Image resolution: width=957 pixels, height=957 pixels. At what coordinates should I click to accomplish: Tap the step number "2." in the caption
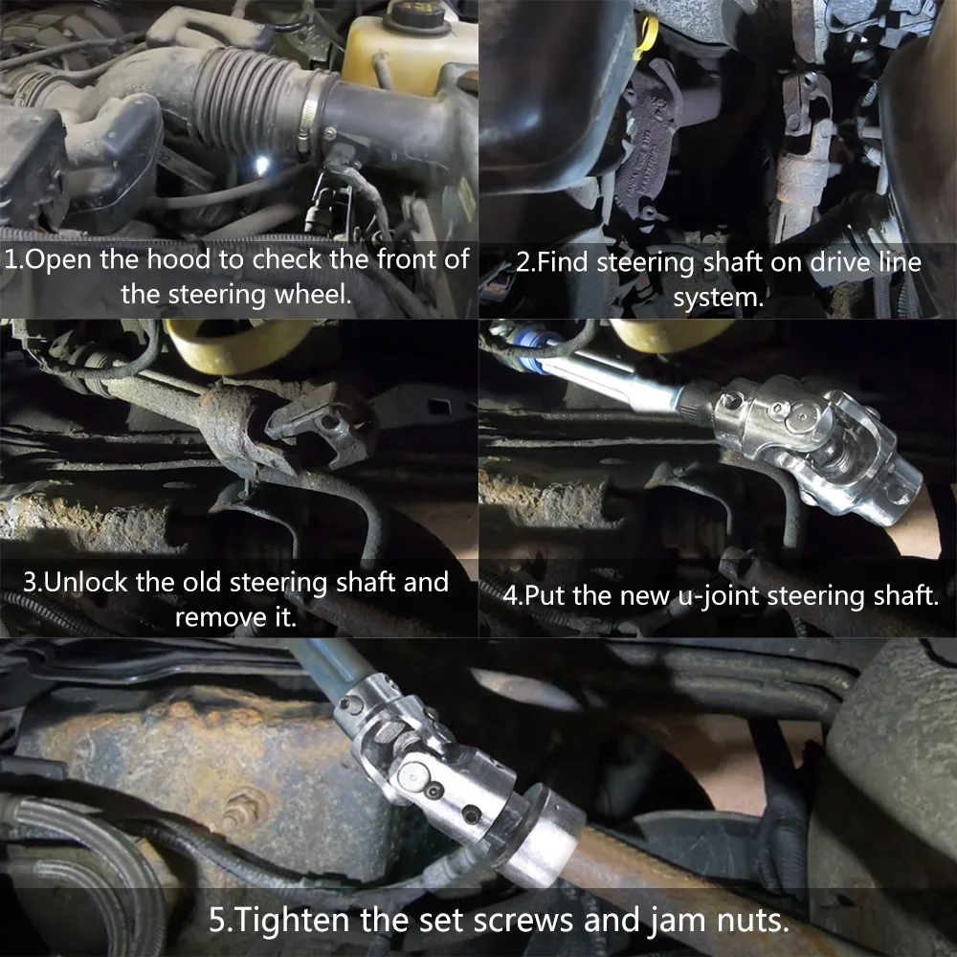[x=525, y=262]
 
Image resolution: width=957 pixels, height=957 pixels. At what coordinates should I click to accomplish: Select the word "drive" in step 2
[x=807, y=262]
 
